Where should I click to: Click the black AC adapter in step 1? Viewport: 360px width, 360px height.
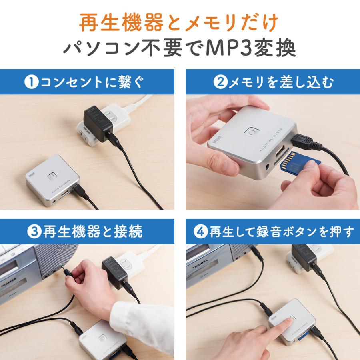point(98,123)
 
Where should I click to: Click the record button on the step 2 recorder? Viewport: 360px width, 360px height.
point(252,131)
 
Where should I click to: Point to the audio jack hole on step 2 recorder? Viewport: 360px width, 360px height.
point(267,164)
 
